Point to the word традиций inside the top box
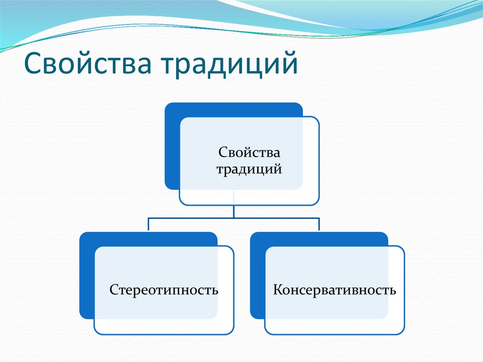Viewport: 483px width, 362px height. (249, 168)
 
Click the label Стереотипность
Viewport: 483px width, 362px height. (164, 289)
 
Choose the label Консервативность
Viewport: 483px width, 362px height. (334, 289)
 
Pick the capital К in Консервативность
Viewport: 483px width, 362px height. (278, 289)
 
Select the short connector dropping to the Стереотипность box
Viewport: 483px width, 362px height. (149, 224)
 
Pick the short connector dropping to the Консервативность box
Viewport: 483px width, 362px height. (319, 224)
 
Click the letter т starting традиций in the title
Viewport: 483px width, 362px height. (170, 65)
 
